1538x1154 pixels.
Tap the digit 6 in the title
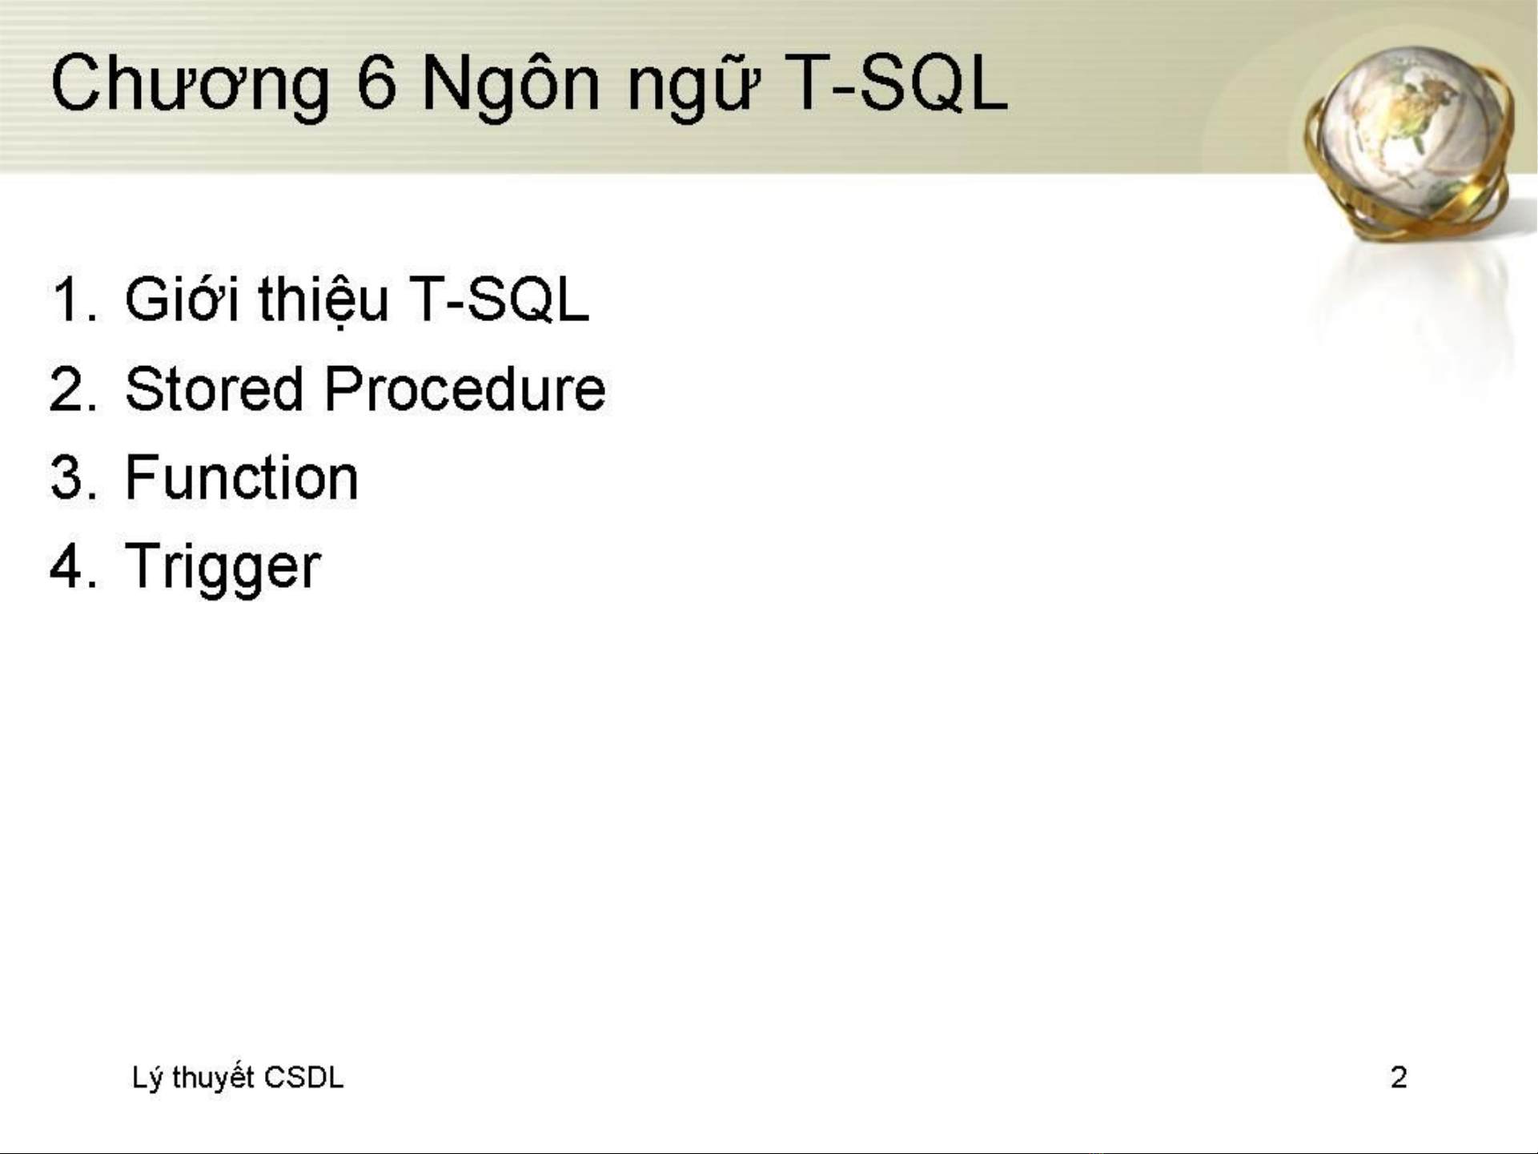(376, 82)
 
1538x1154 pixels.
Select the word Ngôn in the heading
(511, 83)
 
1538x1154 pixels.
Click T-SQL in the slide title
(895, 82)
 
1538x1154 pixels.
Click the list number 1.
(74, 300)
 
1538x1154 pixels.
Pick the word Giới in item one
(182, 298)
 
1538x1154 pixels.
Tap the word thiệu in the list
(323, 300)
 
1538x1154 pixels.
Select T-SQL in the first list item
(499, 300)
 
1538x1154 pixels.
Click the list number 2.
(73, 389)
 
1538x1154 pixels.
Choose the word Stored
(214, 388)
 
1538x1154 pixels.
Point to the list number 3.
(73, 478)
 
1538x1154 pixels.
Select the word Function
(241, 477)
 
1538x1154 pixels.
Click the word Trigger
(223, 568)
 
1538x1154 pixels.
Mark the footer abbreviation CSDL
(303, 1078)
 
